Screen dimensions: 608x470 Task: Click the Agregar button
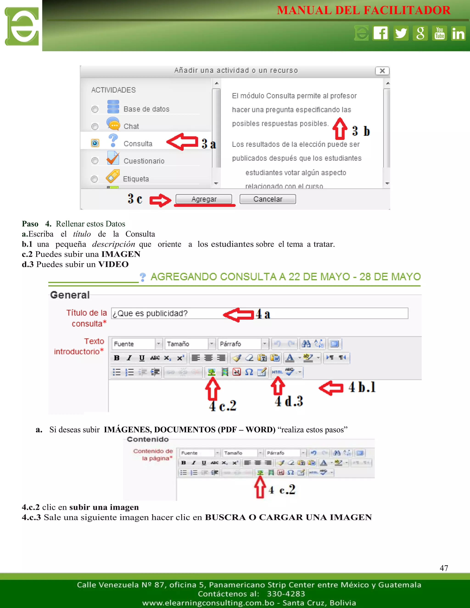204,199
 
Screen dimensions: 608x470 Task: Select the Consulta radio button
95,143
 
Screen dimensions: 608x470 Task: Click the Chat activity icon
113,124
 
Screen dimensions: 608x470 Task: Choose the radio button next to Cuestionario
95,161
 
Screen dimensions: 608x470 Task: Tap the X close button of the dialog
382,71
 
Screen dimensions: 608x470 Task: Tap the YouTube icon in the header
439,33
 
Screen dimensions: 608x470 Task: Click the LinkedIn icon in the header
458,33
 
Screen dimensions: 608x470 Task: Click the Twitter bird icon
401,33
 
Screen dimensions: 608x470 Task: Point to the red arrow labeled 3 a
183,142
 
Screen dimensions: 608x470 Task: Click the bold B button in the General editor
117,358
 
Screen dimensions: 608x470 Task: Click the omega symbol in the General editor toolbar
249,372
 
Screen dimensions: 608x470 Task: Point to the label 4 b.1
362,387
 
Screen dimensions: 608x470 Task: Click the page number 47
444,568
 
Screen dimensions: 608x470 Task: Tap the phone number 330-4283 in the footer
286,594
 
